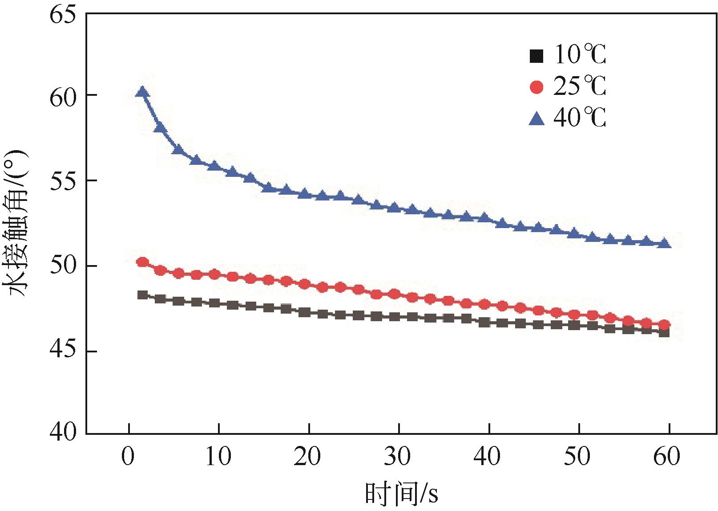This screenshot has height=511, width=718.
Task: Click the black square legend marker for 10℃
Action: (537, 56)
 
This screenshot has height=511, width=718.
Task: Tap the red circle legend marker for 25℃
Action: (537, 87)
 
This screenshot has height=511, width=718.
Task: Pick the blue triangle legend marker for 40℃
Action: (537, 119)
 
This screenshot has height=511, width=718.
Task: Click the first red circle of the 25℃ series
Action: (142, 262)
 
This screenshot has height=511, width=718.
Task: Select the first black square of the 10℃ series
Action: (142, 295)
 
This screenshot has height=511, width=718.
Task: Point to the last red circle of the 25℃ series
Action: (665, 324)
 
